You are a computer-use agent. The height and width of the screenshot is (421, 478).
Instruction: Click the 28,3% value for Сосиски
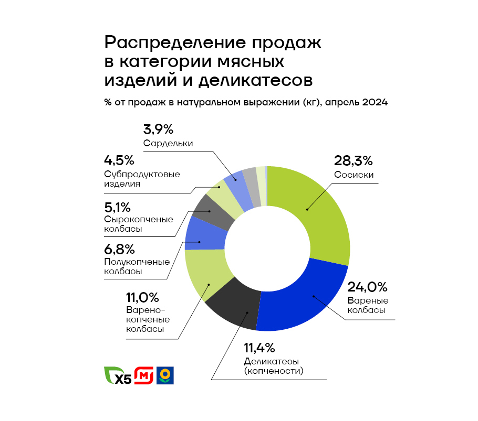pos(353,160)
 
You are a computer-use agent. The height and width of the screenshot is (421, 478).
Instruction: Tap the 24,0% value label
pos(367,287)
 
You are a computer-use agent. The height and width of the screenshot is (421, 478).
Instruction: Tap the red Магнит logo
pos(144,375)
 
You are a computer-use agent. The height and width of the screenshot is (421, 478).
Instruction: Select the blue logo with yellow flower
pos(165,375)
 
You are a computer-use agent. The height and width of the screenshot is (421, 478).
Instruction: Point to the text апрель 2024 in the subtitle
pos(356,102)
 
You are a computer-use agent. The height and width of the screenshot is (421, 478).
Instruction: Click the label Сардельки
pos(168,143)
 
